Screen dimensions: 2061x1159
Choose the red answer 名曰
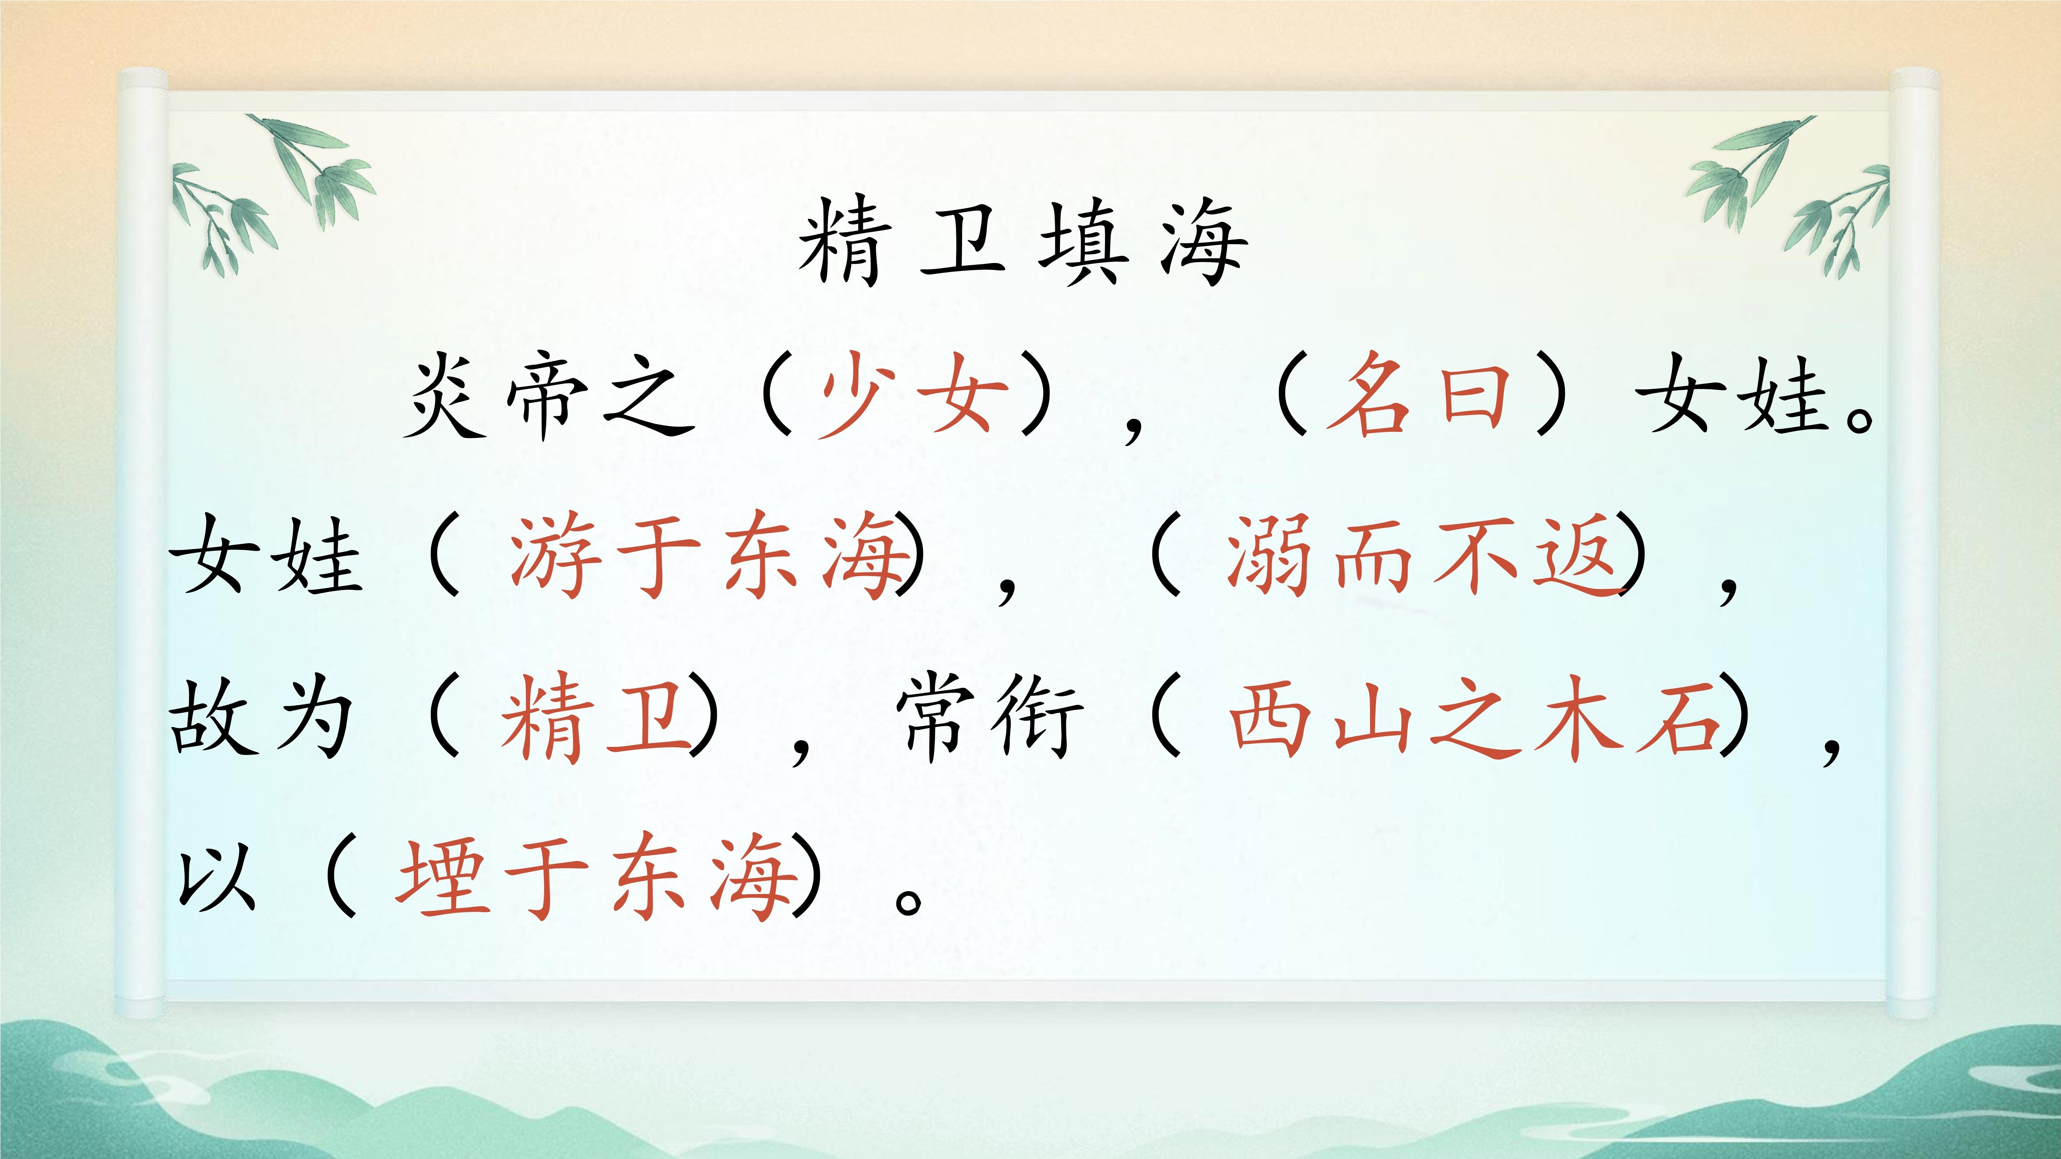pos(1418,395)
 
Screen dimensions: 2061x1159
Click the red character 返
pos(1579,554)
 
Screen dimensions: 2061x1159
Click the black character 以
pos(216,880)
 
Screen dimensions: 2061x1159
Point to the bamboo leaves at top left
pos(272,192)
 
